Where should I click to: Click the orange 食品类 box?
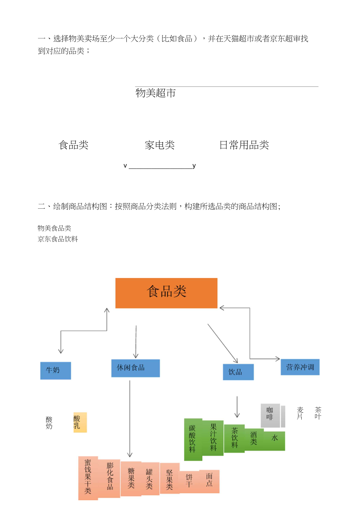pos(166,293)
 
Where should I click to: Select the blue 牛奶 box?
pos(56,370)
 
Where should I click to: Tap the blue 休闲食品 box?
pos(135,368)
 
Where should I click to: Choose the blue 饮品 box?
pos(238,372)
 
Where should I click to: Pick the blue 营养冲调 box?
pos(300,367)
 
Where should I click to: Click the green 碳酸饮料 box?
pos(193,439)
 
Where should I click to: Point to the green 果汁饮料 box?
pos(213,438)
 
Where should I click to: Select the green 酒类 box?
pos(254,439)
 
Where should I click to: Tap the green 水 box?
pos(274,441)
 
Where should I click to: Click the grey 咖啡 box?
pos(270,415)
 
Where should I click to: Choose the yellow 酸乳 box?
pos(80,422)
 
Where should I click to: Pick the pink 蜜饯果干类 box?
pos(88,478)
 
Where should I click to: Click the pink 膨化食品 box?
pos(109,478)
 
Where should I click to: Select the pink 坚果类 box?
pos(170,478)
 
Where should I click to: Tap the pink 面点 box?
pos(209,481)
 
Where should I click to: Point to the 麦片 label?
pos(300,413)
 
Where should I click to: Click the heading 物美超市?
pos(156,93)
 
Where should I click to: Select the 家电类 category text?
pos(160,145)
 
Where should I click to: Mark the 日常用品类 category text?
pos(244,145)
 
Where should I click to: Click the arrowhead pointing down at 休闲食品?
pos(136,355)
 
